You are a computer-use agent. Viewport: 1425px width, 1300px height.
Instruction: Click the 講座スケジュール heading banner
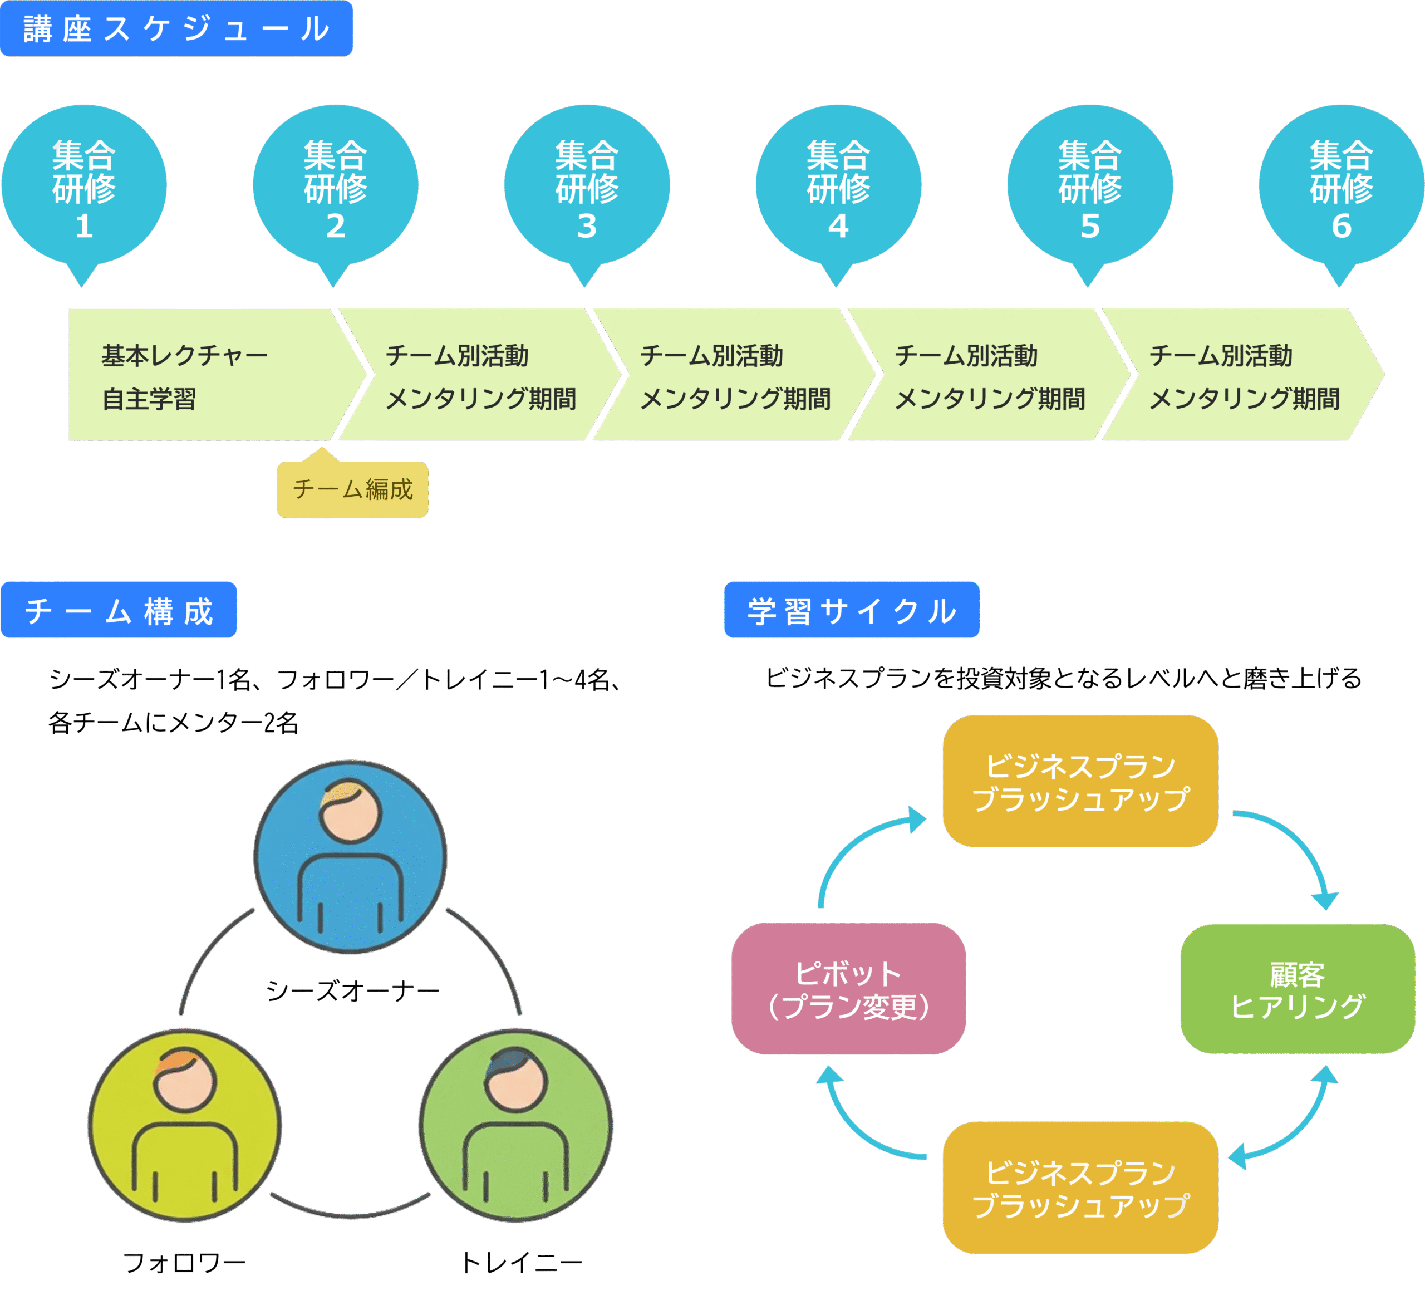pyautogui.click(x=176, y=28)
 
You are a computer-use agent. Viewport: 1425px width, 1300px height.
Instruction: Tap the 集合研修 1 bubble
pyautogui.click(x=84, y=186)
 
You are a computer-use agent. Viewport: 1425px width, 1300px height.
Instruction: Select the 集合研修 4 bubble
pyautogui.click(x=838, y=186)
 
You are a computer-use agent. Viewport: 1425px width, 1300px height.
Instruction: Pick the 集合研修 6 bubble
pyautogui.click(x=1341, y=186)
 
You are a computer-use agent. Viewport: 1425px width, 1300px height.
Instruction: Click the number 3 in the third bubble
pyautogui.click(x=587, y=226)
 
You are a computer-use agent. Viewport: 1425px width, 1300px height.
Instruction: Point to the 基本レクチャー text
pyautogui.click(x=184, y=356)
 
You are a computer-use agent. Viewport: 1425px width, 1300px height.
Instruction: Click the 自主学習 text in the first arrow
pyautogui.click(x=149, y=399)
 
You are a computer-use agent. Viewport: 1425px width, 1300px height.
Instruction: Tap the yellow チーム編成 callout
pyautogui.click(x=352, y=489)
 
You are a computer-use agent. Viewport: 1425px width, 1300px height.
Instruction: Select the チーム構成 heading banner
pyautogui.click(x=119, y=610)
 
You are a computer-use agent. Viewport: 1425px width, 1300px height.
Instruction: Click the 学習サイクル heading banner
pyautogui.click(x=852, y=610)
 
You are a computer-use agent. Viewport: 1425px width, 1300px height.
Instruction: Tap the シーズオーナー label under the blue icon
pyautogui.click(x=352, y=990)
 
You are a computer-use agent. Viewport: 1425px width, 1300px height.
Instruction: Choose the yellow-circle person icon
pyautogui.click(x=184, y=1125)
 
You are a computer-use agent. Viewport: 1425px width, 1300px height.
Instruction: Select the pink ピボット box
pyautogui.click(x=848, y=988)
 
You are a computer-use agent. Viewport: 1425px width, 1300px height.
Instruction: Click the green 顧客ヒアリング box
pyautogui.click(x=1297, y=989)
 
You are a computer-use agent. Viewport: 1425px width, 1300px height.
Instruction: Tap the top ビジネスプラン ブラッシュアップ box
pyautogui.click(x=1080, y=781)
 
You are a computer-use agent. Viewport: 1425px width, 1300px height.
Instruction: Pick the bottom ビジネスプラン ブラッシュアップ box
pyautogui.click(x=1080, y=1188)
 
